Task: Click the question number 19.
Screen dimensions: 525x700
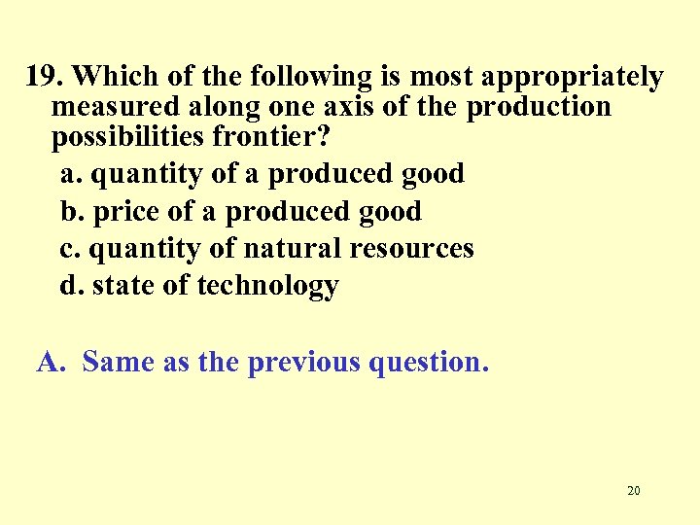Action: pyautogui.click(x=45, y=76)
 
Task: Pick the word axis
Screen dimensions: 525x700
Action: pyautogui.click(x=352, y=107)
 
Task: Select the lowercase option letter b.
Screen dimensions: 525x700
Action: pyautogui.click(x=69, y=211)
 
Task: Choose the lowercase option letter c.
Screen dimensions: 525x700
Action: pyautogui.click(x=68, y=249)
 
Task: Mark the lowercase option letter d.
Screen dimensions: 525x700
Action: pyautogui.click(x=69, y=286)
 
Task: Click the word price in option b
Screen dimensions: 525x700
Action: pyautogui.click(x=126, y=212)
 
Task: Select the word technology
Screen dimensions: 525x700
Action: pyautogui.click(x=268, y=287)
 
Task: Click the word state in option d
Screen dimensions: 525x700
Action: pyautogui.click(x=122, y=286)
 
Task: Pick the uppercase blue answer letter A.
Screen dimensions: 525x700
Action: pyautogui.click(x=50, y=362)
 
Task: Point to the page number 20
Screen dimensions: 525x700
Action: pyautogui.click(x=633, y=491)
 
